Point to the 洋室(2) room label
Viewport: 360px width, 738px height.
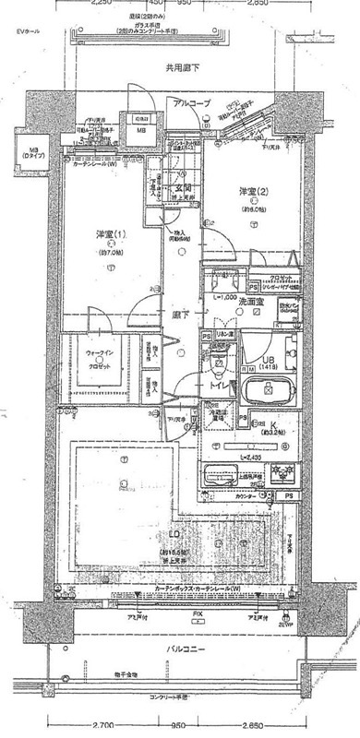254,192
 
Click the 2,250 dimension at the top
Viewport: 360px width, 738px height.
102,3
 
